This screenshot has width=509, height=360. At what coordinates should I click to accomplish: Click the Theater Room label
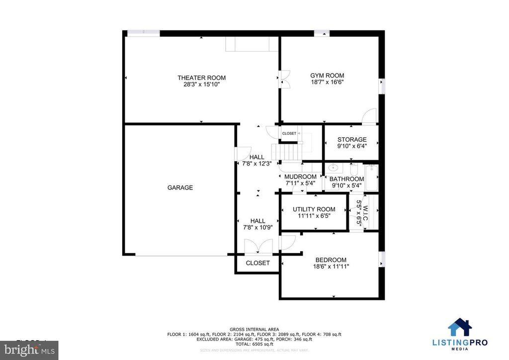point(201,78)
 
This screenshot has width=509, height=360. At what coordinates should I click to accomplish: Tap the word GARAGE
point(180,188)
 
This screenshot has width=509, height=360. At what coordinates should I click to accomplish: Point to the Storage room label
point(352,140)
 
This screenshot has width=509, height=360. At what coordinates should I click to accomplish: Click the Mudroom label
point(300,177)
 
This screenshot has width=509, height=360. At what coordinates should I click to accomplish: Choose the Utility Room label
point(314,209)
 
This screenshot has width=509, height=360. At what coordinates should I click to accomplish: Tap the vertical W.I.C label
point(365,213)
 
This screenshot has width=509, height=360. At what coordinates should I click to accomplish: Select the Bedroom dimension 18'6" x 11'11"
point(331,267)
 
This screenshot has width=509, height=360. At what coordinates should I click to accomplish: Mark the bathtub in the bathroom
point(371,178)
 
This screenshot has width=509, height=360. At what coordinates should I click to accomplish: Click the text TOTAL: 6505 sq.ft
point(254,344)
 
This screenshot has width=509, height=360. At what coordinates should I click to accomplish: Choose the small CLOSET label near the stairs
point(289,133)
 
